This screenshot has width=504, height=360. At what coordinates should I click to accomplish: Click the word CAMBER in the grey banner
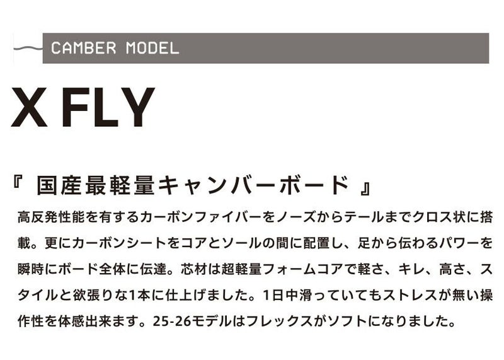coord(84,49)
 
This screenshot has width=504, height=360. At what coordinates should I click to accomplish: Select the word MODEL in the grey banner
coord(152,49)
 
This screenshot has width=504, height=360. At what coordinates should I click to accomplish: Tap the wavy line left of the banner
coord(28,49)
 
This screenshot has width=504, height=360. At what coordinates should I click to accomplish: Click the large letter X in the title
coord(29,107)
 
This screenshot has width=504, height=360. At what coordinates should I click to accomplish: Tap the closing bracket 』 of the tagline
coord(365,189)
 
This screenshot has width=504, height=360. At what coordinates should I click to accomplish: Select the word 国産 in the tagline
coord(58,185)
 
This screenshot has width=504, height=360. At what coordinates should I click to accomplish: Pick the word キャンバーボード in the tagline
coord(253,185)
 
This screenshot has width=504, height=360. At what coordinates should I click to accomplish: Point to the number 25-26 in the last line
coord(172,321)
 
